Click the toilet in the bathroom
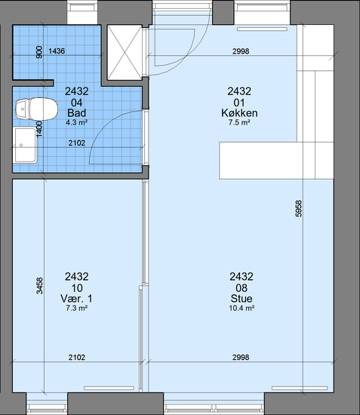click(x=36, y=109)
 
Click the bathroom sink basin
click(x=26, y=146)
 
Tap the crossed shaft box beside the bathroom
click(x=125, y=52)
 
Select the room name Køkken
click(x=239, y=113)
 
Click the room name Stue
click(x=242, y=299)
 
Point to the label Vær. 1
click(x=76, y=299)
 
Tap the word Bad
click(x=76, y=113)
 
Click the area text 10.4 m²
click(x=242, y=308)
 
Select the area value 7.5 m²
click(x=239, y=122)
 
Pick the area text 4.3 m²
click(x=76, y=122)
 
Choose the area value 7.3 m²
click(x=76, y=308)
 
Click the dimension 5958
click(x=298, y=209)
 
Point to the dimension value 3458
click(x=39, y=286)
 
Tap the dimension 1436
click(x=57, y=51)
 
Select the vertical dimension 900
click(x=39, y=52)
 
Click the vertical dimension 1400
click(x=39, y=129)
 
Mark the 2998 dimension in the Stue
click(x=241, y=358)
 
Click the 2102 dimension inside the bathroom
click(x=77, y=143)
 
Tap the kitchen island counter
click(x=276, y=161)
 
